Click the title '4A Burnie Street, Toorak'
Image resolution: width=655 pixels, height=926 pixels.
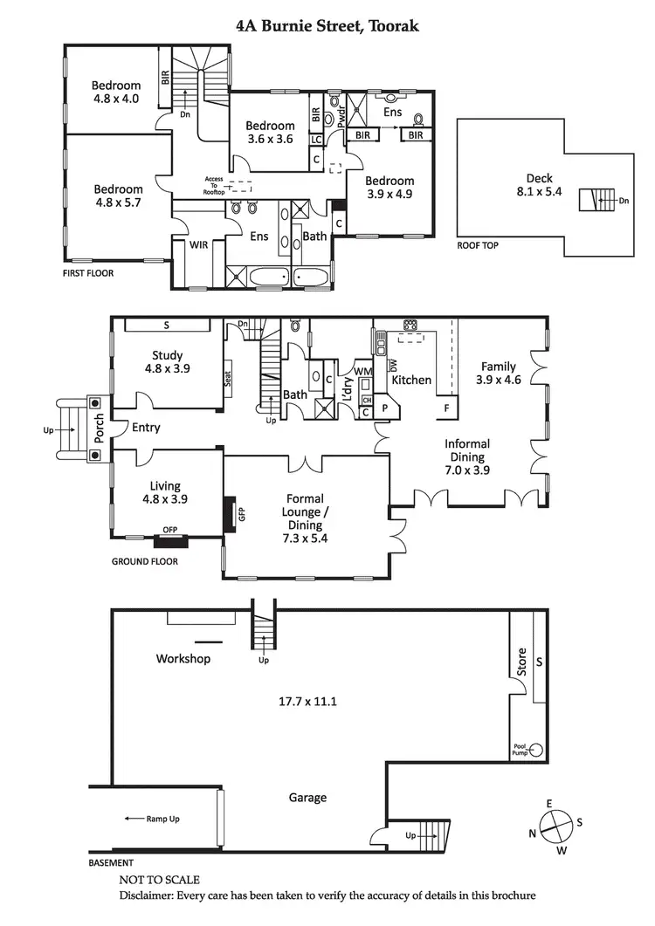(327, 26)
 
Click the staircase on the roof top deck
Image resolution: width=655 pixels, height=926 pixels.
(596, 200)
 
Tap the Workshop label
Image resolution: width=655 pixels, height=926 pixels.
(183, 658)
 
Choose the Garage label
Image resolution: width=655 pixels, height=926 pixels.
(307, 797)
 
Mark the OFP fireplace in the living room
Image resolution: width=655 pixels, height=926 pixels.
(170, 532)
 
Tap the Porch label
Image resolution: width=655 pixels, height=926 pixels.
(99, 427)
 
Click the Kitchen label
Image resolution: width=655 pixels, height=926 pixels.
(411, 381)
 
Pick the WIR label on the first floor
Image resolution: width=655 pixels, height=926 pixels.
(199, 245)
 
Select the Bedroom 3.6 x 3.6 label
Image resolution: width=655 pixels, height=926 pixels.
(270, 132)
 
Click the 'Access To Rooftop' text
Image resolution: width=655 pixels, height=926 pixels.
(214, 185)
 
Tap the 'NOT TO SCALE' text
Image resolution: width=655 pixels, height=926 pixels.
(159, 880)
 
